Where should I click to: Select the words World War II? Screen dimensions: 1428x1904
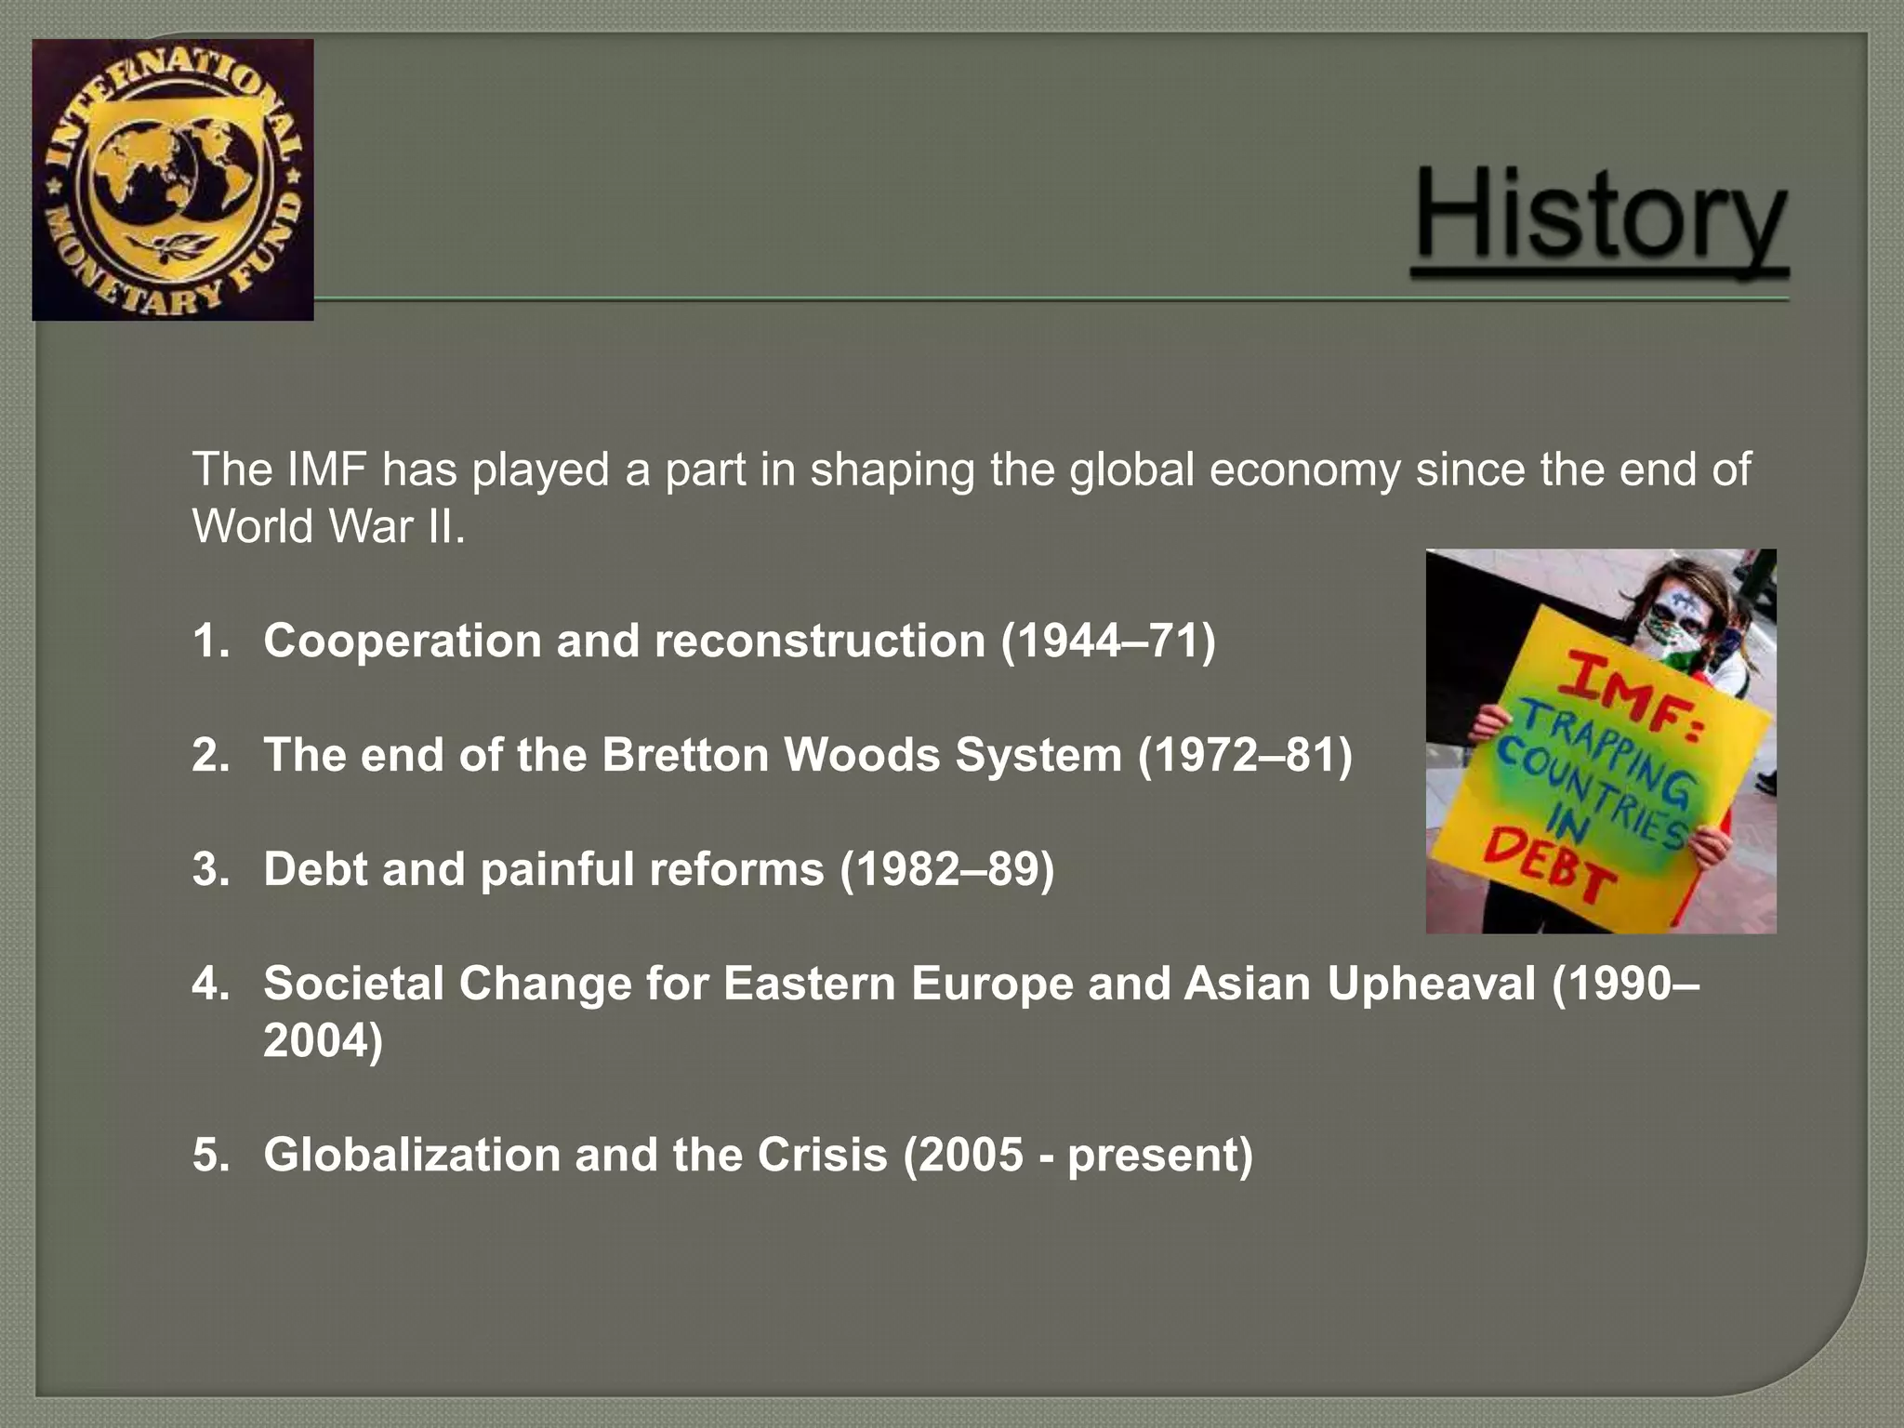point(328,527)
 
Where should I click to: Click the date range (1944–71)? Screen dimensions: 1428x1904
point(1108,641)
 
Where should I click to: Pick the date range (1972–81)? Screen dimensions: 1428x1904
point(1245,754)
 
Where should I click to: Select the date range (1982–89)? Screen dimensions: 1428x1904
point(946,868)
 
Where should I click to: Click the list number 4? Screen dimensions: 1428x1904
point(210,983)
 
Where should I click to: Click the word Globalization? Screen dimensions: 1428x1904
point(412,1155)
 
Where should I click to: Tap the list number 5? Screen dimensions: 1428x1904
point(210,1155)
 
